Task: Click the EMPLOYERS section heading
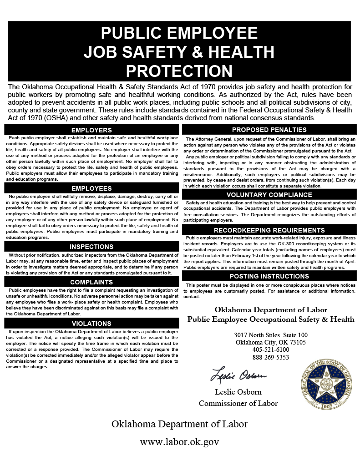coord(91,130)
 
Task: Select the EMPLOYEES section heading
coord(91,188)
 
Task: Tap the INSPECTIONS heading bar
coord(91,247)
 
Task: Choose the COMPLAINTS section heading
coord(91,282)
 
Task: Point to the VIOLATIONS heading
coord(91,324)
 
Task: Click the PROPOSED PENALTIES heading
coord(269,130)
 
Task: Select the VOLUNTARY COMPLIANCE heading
coord(269,195)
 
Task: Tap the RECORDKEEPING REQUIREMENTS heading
coord(269,230)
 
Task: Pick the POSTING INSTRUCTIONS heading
coord(269,276)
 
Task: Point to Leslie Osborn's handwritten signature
coord(238,376)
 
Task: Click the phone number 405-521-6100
coord(271,349)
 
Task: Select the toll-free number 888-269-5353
coord(271,357)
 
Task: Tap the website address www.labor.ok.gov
coord(180,441)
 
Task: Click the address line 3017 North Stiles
coord(271,335)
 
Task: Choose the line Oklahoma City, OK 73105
coord(271,342)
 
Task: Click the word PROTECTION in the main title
coord(179,71)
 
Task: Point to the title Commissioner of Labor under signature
coord(238,403)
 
